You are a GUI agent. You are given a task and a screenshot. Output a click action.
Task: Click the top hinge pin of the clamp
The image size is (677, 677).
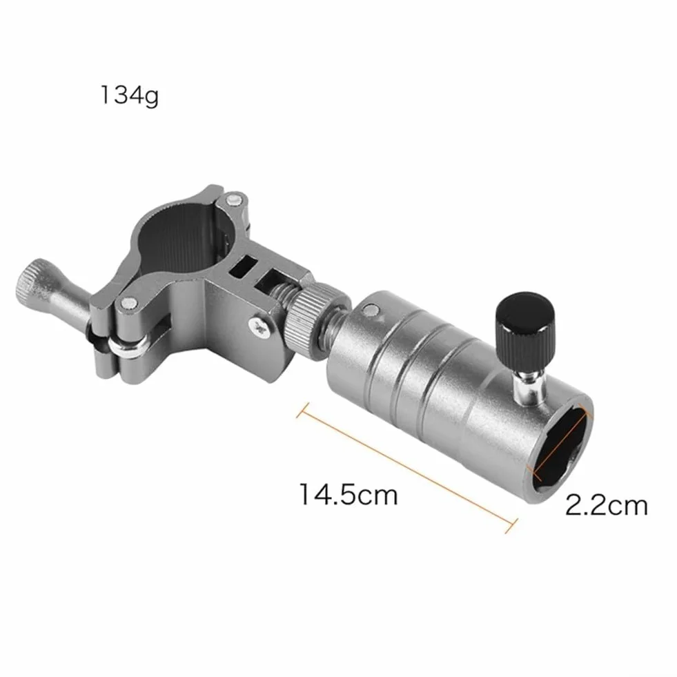click(233, 199)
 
